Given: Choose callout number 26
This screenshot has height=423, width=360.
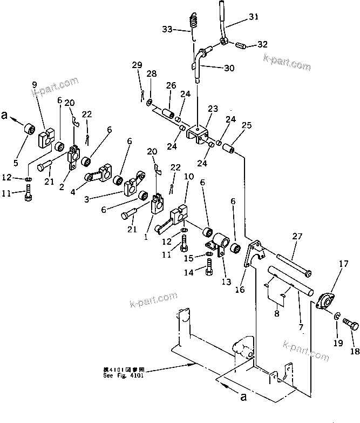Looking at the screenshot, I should [171, 85].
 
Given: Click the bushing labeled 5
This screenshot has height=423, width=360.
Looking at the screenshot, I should [28, 130].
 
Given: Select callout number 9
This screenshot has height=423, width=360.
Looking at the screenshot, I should [35, 85].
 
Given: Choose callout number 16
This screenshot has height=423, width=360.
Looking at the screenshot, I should [240, 290].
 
